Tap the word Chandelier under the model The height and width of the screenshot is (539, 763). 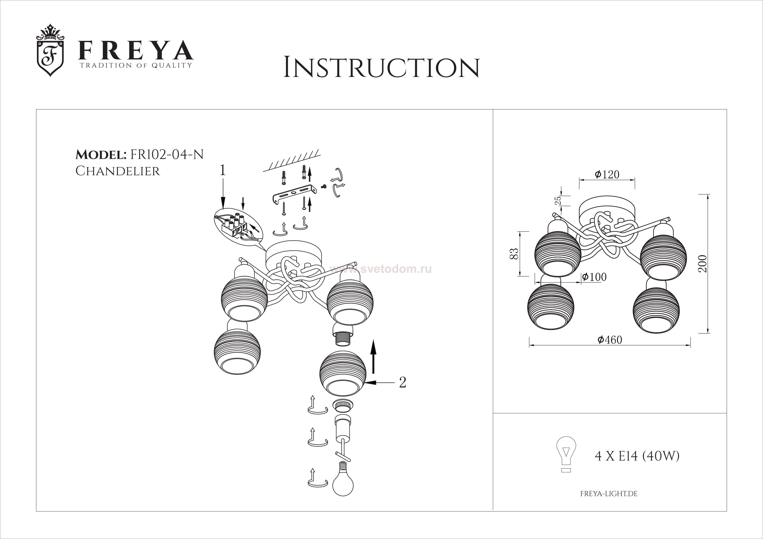(x=118, y=171)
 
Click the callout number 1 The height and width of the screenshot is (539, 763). (x=223, y=170)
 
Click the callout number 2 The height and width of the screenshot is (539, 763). (x=402, y=382)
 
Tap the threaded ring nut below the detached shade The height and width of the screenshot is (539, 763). (x=343, y=405)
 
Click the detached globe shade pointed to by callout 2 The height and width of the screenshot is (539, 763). (x=343, y=374)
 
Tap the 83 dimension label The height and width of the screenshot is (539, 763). (x=514, y=254)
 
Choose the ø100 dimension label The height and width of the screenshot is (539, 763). (x=594, y=277)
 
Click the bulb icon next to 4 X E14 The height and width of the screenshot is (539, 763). (x=566, y=454)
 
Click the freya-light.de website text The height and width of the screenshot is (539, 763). (x=609, y=494)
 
